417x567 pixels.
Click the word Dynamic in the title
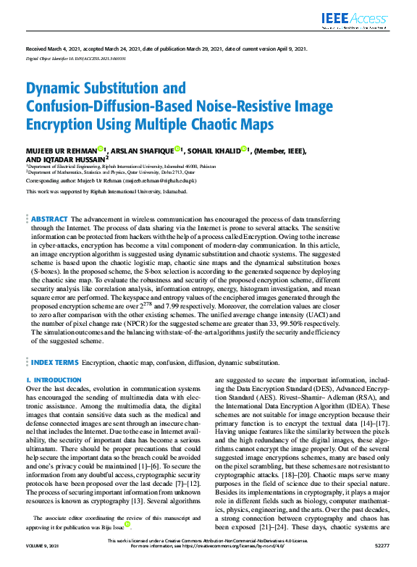point(58,89)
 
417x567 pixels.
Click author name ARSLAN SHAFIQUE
point(143,151)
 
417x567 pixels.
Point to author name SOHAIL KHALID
point(213,151)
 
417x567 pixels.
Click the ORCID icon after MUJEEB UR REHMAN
point(102,150)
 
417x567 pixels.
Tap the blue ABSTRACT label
point(49,219)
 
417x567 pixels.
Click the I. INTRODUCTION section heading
point(52,379)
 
